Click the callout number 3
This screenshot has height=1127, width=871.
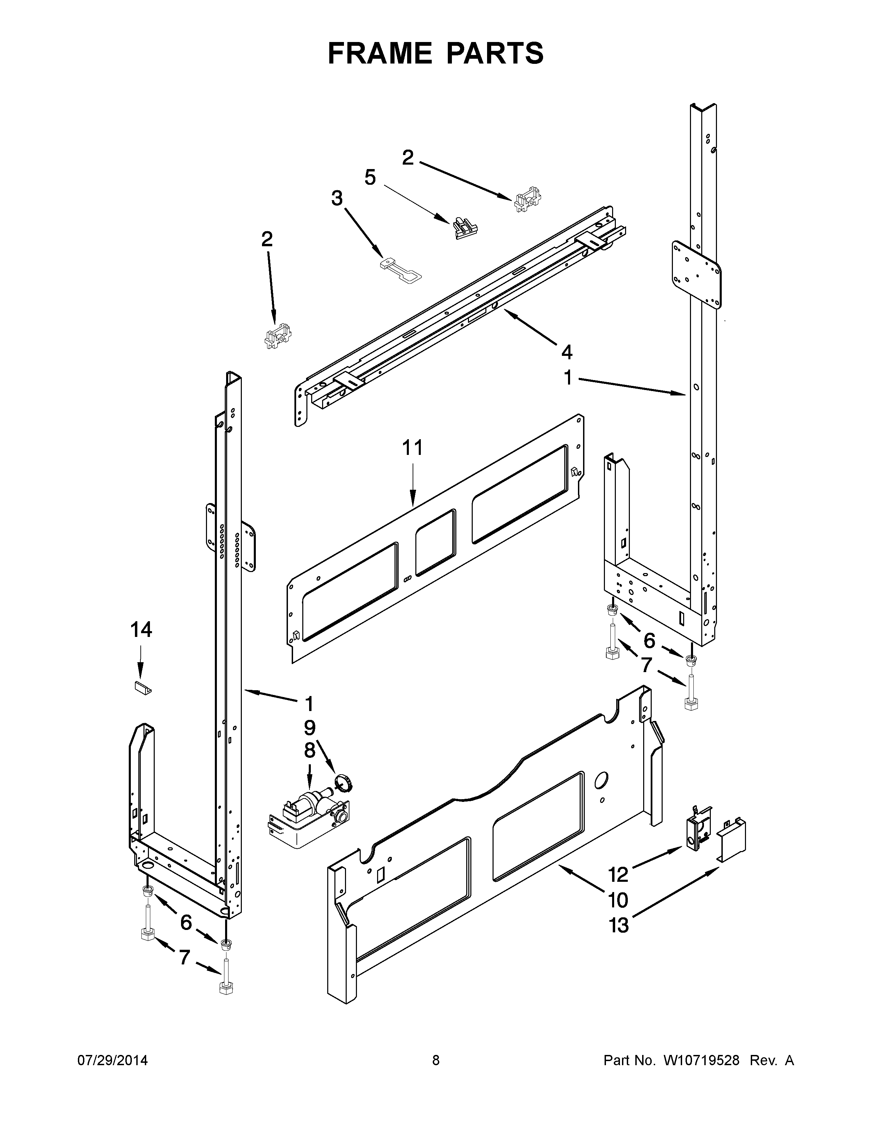(337, 198)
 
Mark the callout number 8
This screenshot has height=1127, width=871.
(309, 751)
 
